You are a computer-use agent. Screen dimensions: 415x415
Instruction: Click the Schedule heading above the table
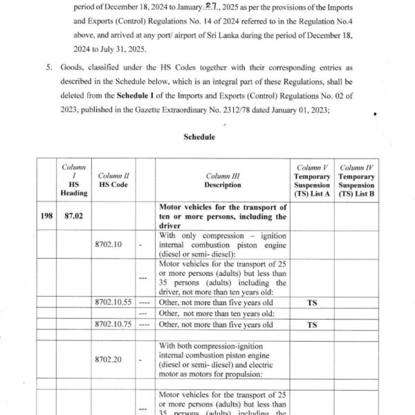coord(200,137)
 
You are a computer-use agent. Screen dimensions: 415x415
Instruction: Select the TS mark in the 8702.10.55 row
coord(312,303)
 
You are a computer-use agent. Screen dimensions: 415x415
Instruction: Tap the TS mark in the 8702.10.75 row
coord(312,324)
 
